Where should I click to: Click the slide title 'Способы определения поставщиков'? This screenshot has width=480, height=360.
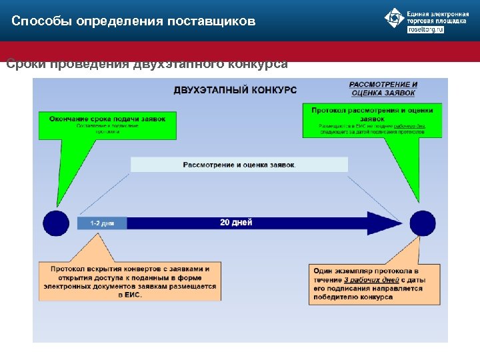coord(133,21)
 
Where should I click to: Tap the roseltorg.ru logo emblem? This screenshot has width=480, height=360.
coord(395,18)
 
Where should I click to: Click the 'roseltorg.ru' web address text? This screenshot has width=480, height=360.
coord(425,29)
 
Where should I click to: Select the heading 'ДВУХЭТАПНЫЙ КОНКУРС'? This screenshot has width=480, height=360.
coord(235,89)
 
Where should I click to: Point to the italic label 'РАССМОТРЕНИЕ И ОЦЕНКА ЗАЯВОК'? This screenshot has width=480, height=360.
coord(383,89)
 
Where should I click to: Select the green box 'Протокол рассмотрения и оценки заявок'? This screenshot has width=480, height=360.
coord(372,120)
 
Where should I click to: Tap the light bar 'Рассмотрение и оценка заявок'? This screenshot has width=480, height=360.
coord(239,165)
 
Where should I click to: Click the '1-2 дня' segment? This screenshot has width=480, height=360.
coord(102,223)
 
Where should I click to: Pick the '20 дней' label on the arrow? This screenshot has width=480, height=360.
coord(236,223)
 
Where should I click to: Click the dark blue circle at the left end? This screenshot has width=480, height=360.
coord(56,223)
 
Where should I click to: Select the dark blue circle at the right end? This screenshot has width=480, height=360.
coord(422,223)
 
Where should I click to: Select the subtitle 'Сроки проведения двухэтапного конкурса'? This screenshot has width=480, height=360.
coord(147,65)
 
